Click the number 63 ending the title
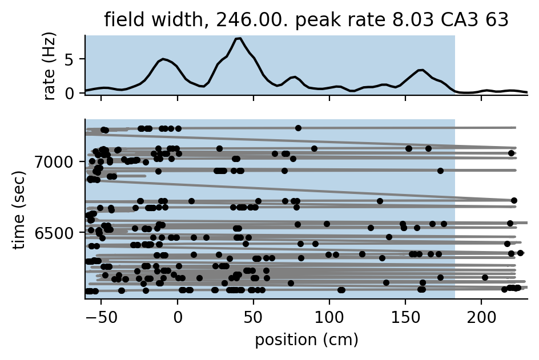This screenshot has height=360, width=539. [494, 20]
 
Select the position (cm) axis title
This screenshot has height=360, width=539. [306, 340]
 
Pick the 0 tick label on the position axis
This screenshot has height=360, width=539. [178, 315]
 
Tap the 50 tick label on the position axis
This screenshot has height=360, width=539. [254, 315]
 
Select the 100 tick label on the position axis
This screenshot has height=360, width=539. [329, 315]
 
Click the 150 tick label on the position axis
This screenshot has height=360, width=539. [405, 315]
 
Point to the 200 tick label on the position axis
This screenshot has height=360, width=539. [481, 315]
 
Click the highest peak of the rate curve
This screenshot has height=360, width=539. [239, 38]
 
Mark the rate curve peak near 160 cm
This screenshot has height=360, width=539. [421, 70]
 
